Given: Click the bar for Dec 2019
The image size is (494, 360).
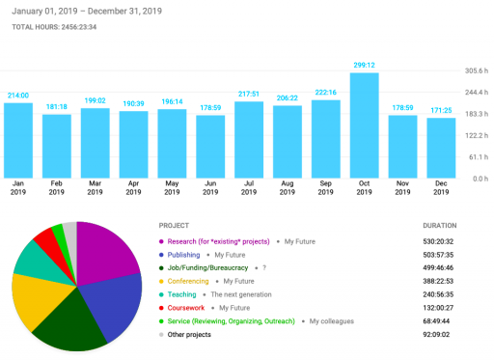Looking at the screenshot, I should click(x=440, y=149).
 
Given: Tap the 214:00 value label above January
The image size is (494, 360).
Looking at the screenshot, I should click(x=18, y=95).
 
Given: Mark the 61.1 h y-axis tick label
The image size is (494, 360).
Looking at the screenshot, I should click(x=476, y=157).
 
